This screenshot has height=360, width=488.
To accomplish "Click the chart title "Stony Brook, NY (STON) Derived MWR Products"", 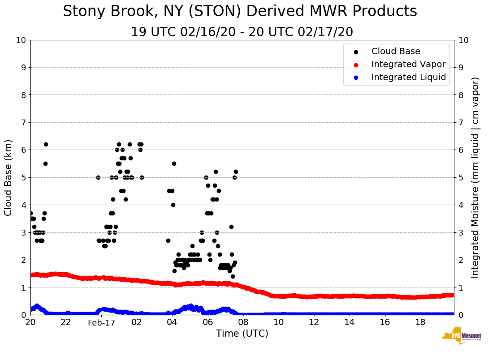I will (x=240, y=12).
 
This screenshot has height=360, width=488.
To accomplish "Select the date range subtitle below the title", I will (x=242, y=32).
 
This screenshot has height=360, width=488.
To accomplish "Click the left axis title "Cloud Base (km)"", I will (x=9, y=177).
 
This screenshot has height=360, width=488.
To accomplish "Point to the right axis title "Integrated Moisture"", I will (x=475, y=177).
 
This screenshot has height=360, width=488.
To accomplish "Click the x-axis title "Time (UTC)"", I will (x=242, y=334).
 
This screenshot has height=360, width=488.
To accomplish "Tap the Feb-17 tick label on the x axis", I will (x=101, y=323).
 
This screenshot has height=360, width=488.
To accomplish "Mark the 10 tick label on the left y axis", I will (x=21, y=40).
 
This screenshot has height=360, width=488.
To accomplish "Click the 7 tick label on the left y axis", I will (x=23, y=123).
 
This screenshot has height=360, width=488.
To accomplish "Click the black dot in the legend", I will (x=356, y=51).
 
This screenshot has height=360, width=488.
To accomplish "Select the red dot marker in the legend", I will (x=356, y=64).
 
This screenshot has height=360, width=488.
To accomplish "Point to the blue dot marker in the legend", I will (x=356, y=77).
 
